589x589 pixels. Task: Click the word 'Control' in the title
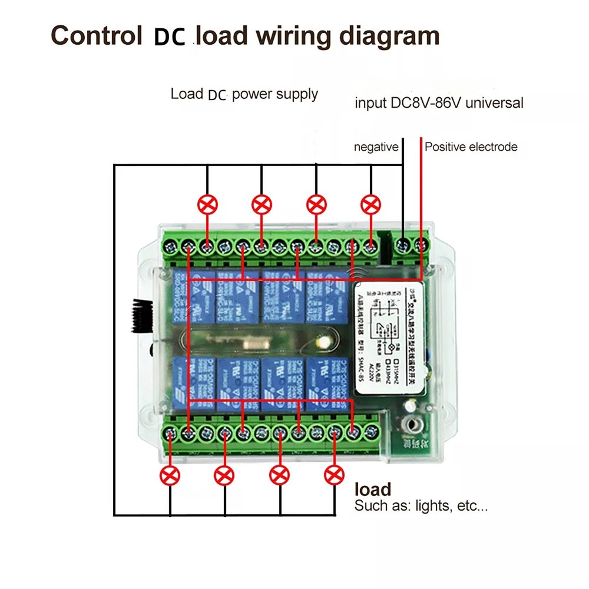pos(94,36)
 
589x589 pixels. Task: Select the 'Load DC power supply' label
pos(244,94)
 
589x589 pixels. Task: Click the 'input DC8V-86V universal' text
pos(438,103)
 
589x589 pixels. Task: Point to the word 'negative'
pos(376,147)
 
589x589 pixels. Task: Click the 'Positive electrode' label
pos(471,147)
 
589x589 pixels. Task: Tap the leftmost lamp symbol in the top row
pos(207,205)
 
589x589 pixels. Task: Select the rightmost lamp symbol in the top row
pos(370,205)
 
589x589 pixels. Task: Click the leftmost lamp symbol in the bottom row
pos(170,474)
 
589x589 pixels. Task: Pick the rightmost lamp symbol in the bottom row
pos(334,474)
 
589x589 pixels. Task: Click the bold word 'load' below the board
pos(373,489)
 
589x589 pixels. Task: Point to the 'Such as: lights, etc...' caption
pos(421,506)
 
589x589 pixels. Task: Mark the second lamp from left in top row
pos(262,205)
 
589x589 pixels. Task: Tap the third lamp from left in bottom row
pos(280,474)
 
